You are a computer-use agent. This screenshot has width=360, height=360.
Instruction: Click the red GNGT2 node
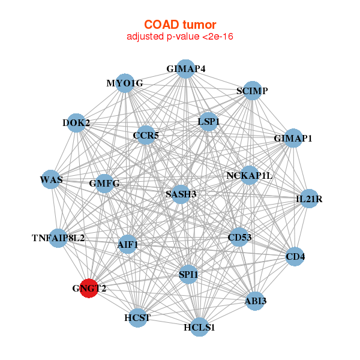(x=89, y=288)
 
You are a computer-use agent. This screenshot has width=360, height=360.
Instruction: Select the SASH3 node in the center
(x=181, y=194)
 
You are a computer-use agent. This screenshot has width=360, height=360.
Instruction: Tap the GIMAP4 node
(x=186, y=69)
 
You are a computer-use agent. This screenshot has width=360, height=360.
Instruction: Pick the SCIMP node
(x=253, y=91)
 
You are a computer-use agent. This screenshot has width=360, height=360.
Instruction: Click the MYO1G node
(x=125, y=83)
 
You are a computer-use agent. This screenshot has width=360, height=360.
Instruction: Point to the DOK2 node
(x=76, y=123)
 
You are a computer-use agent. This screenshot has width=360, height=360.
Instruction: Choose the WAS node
(x=51, y=179)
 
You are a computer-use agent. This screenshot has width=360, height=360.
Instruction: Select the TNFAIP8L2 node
(x=58, y=238)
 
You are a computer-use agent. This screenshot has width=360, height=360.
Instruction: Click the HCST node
(x=137, y=318)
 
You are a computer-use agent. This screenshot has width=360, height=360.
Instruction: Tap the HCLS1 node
(x=200, y=327)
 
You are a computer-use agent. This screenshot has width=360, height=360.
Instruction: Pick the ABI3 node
(x=256, y=301)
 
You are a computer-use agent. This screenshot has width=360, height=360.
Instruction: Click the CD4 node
(x=295, y=256)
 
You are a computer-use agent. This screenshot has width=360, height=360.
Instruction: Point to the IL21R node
(x=309, y=199)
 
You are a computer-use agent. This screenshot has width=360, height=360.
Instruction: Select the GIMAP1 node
(x=293, y=138)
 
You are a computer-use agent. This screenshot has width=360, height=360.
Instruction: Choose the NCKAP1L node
(x=250, y=175)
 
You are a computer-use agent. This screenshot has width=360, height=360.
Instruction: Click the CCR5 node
(x=146, y=135)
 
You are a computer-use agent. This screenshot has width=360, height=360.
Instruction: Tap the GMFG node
(x=104, y=184)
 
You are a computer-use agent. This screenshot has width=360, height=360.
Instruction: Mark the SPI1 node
(x=188, y=274)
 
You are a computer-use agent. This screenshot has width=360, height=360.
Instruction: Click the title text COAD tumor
(x=180, y=25)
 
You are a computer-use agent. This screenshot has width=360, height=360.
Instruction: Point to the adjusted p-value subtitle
(x=180, y=37)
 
